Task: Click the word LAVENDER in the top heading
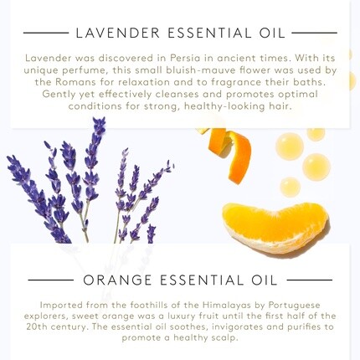[117, 33]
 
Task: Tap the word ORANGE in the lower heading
[117, 280]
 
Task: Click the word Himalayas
[227, 305]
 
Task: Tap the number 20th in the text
[37, 327]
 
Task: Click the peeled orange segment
[275, 226]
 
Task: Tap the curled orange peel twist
[228, 151]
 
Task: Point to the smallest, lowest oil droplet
[291, 186]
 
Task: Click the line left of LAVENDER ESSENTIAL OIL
[46, 33]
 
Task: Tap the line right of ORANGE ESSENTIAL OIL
[310, 280]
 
